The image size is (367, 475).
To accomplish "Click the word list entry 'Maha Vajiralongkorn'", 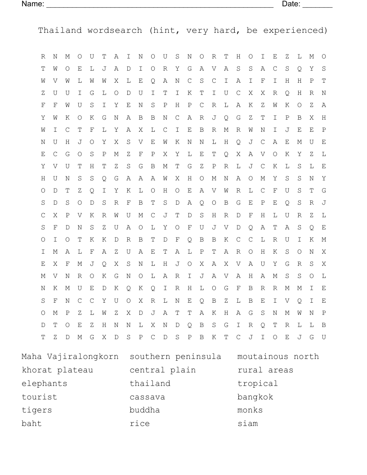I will (70, 357).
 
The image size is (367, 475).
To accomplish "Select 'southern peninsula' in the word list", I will (175, 357).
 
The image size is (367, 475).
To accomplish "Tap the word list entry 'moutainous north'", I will (278, 357).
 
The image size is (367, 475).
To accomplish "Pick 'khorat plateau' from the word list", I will (58, 370).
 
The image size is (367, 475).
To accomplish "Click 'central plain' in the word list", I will (163, 370).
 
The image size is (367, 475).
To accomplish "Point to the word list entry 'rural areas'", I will (265, 370).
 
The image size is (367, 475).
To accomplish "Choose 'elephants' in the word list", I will (45, 384).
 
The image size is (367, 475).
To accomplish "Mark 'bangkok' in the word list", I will (255, 397).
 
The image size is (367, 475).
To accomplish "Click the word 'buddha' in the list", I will (145, 410).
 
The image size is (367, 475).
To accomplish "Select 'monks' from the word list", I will (250, 410).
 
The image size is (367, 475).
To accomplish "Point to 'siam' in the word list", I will (247, 424).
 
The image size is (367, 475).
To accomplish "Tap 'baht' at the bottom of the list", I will (31, 424).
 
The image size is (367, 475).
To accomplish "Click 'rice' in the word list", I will (139, 424).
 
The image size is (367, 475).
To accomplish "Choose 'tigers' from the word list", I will (37, 410).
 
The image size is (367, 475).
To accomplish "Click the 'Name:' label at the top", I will (33, 4).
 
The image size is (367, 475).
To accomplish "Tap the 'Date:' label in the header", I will (291, 4).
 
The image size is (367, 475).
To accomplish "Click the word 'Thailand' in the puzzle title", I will (60, 31).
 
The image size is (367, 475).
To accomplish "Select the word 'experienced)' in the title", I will (295, 31).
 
